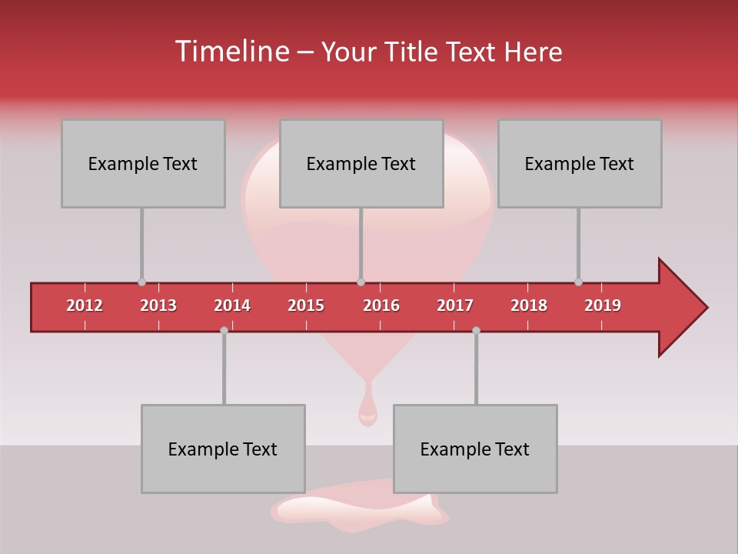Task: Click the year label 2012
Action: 85,305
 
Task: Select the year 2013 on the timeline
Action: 158,305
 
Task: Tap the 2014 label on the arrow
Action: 232,305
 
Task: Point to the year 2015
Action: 306,305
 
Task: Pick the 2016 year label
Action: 381,305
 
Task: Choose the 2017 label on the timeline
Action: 455,305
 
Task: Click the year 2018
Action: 529,305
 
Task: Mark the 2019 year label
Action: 603,305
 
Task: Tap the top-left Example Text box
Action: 143,163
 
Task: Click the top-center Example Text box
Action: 361,163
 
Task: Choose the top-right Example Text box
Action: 580,163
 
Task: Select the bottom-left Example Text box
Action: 223,449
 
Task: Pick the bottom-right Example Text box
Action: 475,449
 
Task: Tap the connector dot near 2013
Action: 141,282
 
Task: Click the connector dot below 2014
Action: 224,330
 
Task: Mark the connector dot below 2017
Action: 476,330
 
